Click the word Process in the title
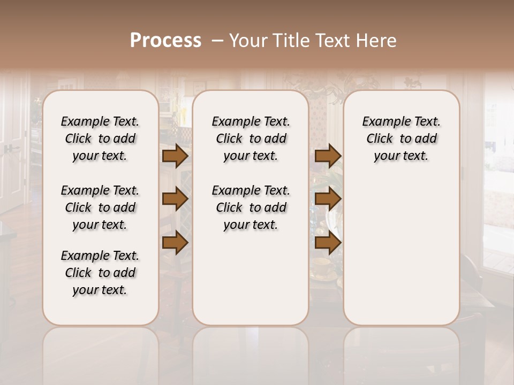(x=165, y=41)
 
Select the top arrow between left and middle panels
(x=175, y=156)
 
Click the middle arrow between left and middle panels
(x=175, y=199)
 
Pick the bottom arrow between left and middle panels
(x=175, y=243)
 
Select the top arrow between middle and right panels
(x=328, y=156)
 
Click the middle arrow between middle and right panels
(x=328, y=199)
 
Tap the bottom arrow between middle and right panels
(x=328, y=243)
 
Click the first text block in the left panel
(x=100, y=138)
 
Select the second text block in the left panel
(x=100, y=207)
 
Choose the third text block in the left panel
(x=100, y=273)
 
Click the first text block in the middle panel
(x=251, y=138)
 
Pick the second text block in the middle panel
(x=251, y=207)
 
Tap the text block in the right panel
(x=401, y=138)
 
